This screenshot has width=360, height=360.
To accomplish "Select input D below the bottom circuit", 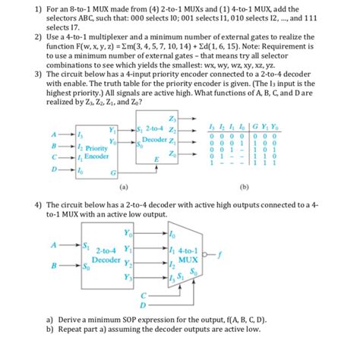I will (x=141, y=304).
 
